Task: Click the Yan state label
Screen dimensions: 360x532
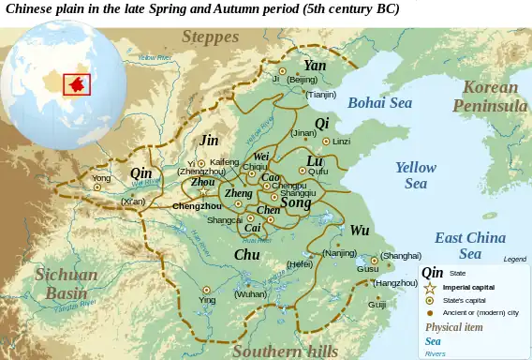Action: pos(315,66)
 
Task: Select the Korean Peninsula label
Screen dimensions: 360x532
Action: pos(490,97)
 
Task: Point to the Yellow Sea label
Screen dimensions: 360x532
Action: pos(415,175)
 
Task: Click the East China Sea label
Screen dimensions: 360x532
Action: pos(470,246)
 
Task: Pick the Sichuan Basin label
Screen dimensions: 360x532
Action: pos(66,283)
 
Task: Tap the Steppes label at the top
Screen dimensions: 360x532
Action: pos(210,37)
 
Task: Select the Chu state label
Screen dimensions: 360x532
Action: pos(247,254)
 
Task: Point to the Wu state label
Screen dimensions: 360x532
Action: pos(360,230)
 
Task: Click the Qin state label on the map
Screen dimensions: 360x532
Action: pos(140,173)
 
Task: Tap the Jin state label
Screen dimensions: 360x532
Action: pos(209,140)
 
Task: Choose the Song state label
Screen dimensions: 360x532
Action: pos(296,202)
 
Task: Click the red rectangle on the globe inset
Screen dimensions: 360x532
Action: pos(76,83)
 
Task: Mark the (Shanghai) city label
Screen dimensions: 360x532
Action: pos(401,255)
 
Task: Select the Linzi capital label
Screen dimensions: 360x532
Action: pos(342,142)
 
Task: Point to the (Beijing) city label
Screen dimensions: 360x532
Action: pos(302,81)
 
